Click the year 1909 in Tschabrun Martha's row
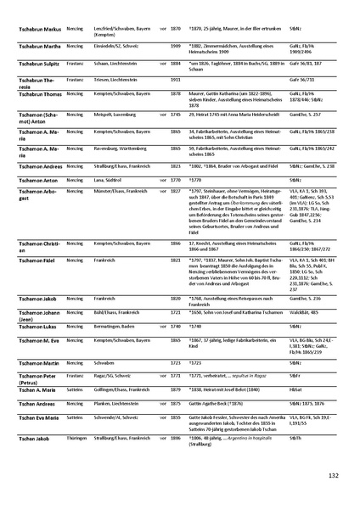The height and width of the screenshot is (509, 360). tap(176, 45)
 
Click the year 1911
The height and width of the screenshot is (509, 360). tap(176, 79)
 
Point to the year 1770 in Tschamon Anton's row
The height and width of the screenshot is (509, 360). tap(176, 180)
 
